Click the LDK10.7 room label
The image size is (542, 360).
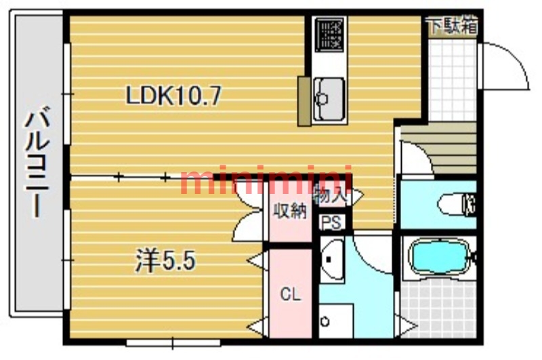173,96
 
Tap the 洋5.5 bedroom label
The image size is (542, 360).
165,260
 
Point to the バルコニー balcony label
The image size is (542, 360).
37,161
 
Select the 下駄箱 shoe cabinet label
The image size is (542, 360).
453,26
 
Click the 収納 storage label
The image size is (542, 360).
290,211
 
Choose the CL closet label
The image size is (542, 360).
291,294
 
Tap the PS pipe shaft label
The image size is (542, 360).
332,222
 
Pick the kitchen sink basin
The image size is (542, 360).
329,99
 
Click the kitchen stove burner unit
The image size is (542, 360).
329,34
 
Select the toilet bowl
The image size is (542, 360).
456,205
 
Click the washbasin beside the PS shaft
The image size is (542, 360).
332,260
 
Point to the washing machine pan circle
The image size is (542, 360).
325,321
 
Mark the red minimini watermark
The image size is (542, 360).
266,180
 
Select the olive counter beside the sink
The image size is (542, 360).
304,101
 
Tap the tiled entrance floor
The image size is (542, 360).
452,79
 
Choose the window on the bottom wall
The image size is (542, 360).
173,343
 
